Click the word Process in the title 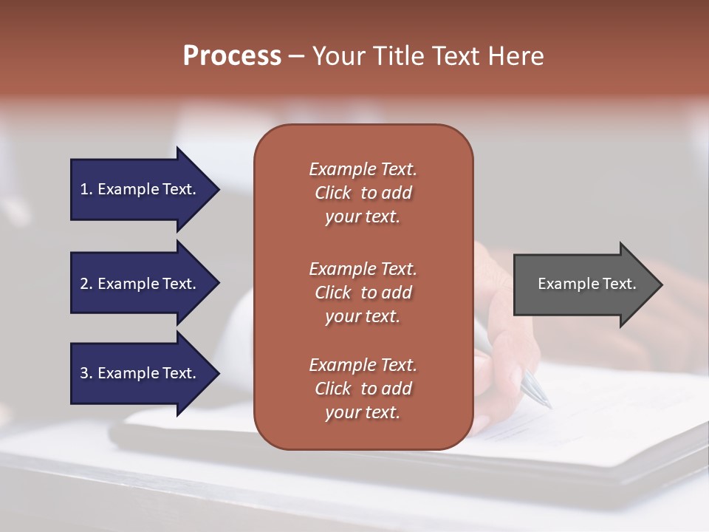click(x=232, y=56)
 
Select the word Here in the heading click(x=516, y=56)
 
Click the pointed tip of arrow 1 click(x=217, y=189)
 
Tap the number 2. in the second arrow click(x=86, y=284)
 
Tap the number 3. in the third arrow click(x=86, y=373)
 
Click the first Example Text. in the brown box click(x=363, y=169)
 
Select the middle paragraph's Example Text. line click(x=363, y=269)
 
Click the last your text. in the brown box click(x=363, y=412)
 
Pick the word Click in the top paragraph click(x=333, y=193)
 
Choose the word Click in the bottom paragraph click(x=333, y=389)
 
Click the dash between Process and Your click(x=297, y=56)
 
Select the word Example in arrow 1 click(x=128, y=189)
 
